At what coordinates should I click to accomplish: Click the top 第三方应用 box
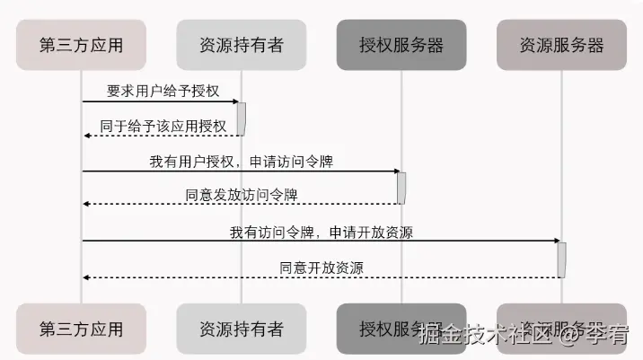[x=81, y=44]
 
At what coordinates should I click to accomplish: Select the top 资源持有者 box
[x=241, y=44]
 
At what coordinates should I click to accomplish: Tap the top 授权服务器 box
[x=401, y=44]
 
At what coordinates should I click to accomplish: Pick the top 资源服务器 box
[x=561, y=44]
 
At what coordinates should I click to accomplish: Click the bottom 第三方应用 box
[x=81, y=329]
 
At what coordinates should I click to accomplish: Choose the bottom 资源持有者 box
[x=241, y=329]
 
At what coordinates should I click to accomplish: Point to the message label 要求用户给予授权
[x=163, y=92]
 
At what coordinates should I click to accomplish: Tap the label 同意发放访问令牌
[x=241, y=194]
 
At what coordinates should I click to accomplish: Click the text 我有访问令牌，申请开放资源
[x=321, y=232]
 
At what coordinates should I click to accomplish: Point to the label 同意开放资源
[x=321, y=267]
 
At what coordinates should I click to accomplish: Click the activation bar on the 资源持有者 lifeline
[x=242, y=119]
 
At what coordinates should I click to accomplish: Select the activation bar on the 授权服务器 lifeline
[x=401, y=187]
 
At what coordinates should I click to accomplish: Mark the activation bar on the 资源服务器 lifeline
[x=561, y=259]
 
